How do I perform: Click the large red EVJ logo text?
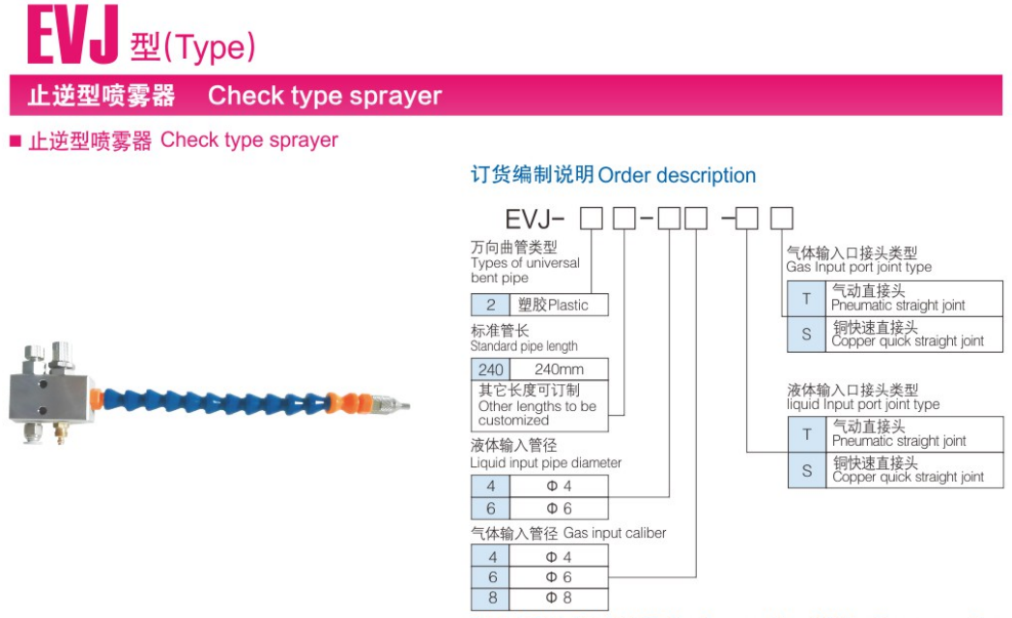[x=73, y=37]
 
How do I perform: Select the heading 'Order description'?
[x=676, y=175]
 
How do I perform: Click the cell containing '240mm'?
[x=559, y=369]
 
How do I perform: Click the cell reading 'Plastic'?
[x=559, y=305]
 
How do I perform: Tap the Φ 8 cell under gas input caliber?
[x=559, y=598]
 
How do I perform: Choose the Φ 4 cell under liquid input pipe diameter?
[x=559, y=486]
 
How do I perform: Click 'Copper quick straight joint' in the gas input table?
[x=907, y=335]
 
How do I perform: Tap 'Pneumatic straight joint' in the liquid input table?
[x=899, y=435]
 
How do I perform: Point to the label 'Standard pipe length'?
[x=524, y=346]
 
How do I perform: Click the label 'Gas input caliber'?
[x=615, y=533]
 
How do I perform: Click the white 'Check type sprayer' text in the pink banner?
[x=324, y=96]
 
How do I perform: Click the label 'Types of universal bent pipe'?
[x=525, y=270]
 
